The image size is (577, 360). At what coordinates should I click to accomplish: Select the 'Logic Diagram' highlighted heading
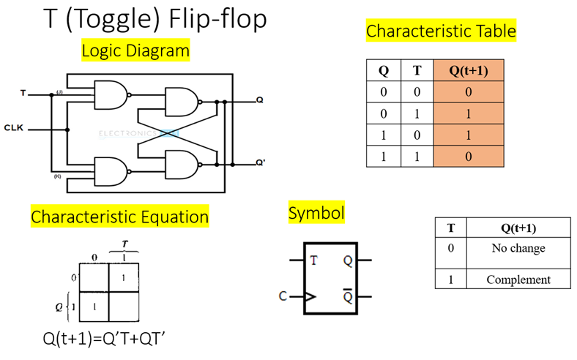point(135,51)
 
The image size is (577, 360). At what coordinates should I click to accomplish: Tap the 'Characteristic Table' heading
point(441,31)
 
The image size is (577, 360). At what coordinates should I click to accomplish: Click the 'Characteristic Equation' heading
point(119,217)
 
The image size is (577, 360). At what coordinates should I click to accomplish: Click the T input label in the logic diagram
point(23,94)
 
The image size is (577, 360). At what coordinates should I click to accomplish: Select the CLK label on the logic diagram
point(14,127)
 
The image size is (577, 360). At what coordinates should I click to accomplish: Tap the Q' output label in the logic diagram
point(261,162)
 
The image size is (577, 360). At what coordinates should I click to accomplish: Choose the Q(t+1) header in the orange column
point(469,71)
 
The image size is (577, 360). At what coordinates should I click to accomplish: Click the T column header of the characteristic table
point(417,71)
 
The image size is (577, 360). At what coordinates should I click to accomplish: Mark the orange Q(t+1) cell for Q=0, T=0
point(469,92)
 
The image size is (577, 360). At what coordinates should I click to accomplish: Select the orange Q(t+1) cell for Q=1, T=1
point(469,156)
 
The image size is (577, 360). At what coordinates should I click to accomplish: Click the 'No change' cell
point(518,248)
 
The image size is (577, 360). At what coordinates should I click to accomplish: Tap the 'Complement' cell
point(518,280)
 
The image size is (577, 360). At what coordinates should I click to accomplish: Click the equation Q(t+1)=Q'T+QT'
point(110,339)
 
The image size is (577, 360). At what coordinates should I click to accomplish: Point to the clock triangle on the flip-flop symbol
point(309,297)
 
